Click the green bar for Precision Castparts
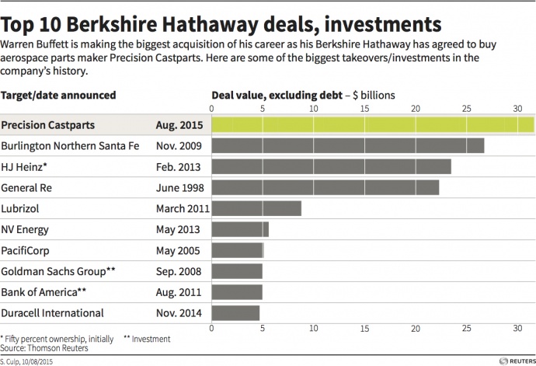pos(372,124)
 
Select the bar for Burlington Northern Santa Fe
pos(347,145)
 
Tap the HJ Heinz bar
pos(331,166)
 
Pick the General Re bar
pos(325,187)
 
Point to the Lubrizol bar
pos(256,208)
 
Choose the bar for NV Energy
pos(240,229)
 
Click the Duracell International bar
pos(235,313)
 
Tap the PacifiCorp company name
pos(28,250)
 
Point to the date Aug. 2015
pos(177,124)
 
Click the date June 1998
pos(178,187)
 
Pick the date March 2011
pos(181,208)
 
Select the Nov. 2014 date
pos(178,313)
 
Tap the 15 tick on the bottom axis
pos(364,329)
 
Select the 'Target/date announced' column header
pos(59,95)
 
